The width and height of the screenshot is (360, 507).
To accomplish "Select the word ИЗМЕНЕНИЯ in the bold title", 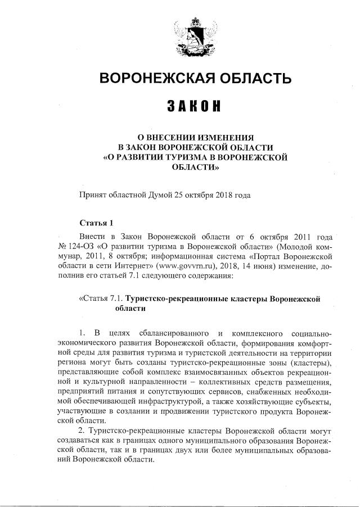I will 224,137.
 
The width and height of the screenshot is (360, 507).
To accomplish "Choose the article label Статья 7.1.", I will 101,298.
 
